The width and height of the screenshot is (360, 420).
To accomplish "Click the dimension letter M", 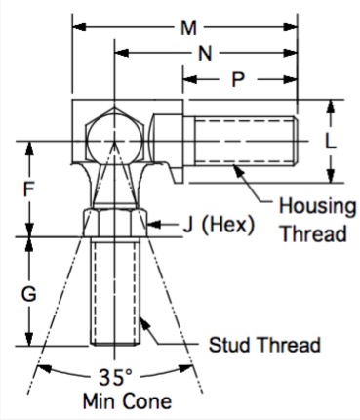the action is [x=189, y=27].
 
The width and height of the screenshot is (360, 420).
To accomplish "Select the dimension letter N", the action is [x=205, y=53].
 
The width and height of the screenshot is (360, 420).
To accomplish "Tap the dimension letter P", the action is [x=238, y=79].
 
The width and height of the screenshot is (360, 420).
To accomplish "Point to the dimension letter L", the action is [x=331, y=142].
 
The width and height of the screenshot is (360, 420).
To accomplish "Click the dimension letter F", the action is [x=29, y=189].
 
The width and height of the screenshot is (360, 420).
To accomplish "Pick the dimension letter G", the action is [x=29, y=294].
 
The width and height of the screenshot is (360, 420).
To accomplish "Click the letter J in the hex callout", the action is [x=188, y=225].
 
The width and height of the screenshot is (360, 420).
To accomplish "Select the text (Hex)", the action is [x=228, y=225].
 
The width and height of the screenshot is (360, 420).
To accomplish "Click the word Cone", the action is [x=149, y=401].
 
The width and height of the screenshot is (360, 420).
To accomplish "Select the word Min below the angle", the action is [x=100, y=401].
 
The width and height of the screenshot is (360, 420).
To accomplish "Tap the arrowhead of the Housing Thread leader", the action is [x=239, y=171].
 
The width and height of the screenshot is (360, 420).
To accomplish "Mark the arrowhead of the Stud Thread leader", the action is [x=144, y=322].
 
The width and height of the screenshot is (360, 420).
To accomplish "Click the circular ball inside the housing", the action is [x=114, y=140].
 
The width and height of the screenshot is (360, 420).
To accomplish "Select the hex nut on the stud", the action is [x=114, y=223].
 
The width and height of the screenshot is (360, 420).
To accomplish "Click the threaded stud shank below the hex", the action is [x=114, y=291].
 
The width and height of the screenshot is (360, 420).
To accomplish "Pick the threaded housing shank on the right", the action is [x=246, y=142].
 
